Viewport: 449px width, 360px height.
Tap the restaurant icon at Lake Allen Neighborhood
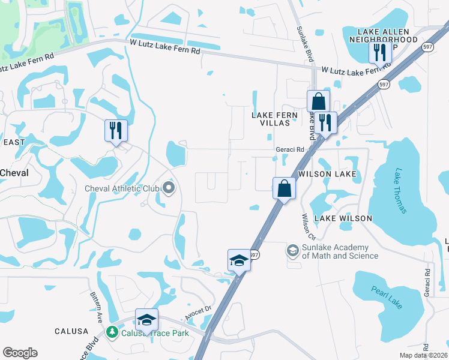tap(379, 52)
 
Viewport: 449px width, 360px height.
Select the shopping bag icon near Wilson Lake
tap(284, 188)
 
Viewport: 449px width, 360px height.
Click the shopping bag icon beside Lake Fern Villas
tap(318, 100)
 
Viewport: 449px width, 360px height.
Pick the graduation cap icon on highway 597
tap(238, 260)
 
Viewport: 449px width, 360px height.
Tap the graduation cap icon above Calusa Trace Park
tap(146, 319)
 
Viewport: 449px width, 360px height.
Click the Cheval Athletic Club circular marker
tap(169, 188)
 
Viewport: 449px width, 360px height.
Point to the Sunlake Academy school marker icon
tap(293, 250)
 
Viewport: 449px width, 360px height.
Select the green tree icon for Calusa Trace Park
tap(111, 332)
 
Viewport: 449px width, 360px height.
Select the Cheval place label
tap(14, 172)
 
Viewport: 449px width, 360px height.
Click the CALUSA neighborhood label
tap(71, 331)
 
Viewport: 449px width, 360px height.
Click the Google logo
tap(20, 353)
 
